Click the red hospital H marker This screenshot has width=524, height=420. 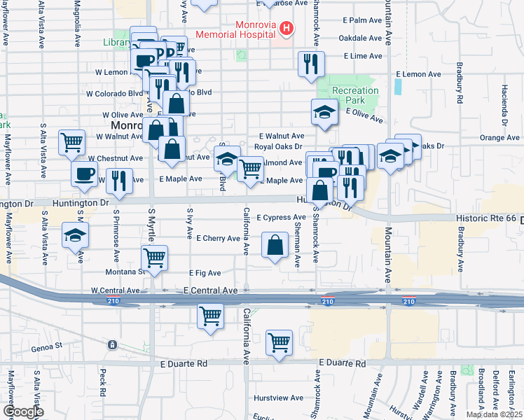[286, 28]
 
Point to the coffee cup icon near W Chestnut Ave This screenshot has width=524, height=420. [84, 174]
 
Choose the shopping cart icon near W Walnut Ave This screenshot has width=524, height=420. [72, 142]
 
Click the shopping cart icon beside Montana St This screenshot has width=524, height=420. [154, 256]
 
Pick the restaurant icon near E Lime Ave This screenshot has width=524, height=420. [310, 64]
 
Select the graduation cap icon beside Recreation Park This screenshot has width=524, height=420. [324, 112]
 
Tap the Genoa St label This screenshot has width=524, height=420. [47, 346]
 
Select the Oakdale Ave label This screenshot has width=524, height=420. [361, 38]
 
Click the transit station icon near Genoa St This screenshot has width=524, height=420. [111, 345]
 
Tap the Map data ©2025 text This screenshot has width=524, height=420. [494, 414]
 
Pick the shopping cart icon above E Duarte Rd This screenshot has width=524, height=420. [279, 343]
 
